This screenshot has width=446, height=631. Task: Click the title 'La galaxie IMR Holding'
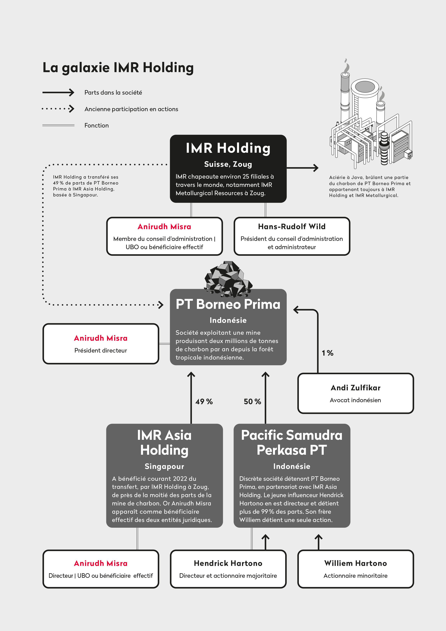(118, 68)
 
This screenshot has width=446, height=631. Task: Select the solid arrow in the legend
(58, 92)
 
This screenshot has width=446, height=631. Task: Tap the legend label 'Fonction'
(96, 125)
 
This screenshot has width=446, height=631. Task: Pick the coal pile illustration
(228, 279)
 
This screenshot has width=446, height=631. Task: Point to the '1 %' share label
(327, 353)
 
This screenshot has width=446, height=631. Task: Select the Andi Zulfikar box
(356, 393)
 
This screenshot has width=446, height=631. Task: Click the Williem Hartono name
(356, 563)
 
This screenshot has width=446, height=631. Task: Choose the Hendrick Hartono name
(228, 563)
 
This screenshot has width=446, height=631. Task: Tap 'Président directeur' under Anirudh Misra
(101, 350)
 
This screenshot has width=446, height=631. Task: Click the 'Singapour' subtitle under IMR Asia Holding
(164, 466)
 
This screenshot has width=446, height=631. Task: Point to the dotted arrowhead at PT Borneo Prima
(161, 305)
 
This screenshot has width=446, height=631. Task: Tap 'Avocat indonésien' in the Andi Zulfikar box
(356, 400)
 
